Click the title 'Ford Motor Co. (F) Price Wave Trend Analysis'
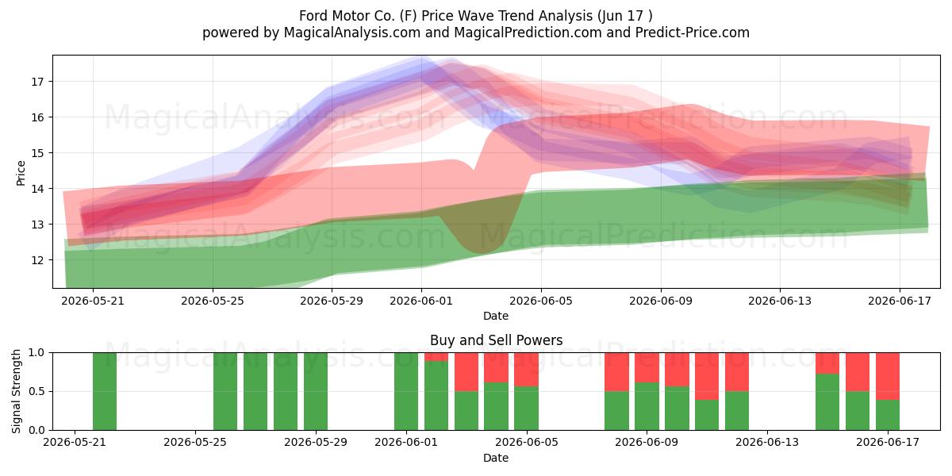(445, 16)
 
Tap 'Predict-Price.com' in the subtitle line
(692, 33)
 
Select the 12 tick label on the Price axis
(37, 260)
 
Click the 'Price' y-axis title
(21, 173)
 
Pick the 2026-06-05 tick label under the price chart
(541, 301)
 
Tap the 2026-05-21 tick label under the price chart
(93, 301)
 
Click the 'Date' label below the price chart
(496, 316)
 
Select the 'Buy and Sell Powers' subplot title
(496, 340)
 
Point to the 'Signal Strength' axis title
(16, 391)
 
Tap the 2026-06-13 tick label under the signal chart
(767, 442)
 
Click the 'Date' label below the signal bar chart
(496, 458)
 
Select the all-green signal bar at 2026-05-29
(316, 391)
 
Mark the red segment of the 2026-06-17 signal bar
(888, 376)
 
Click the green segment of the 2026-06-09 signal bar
(647, 406)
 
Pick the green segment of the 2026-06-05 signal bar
(526, 408)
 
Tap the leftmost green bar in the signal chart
(105, 391)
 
